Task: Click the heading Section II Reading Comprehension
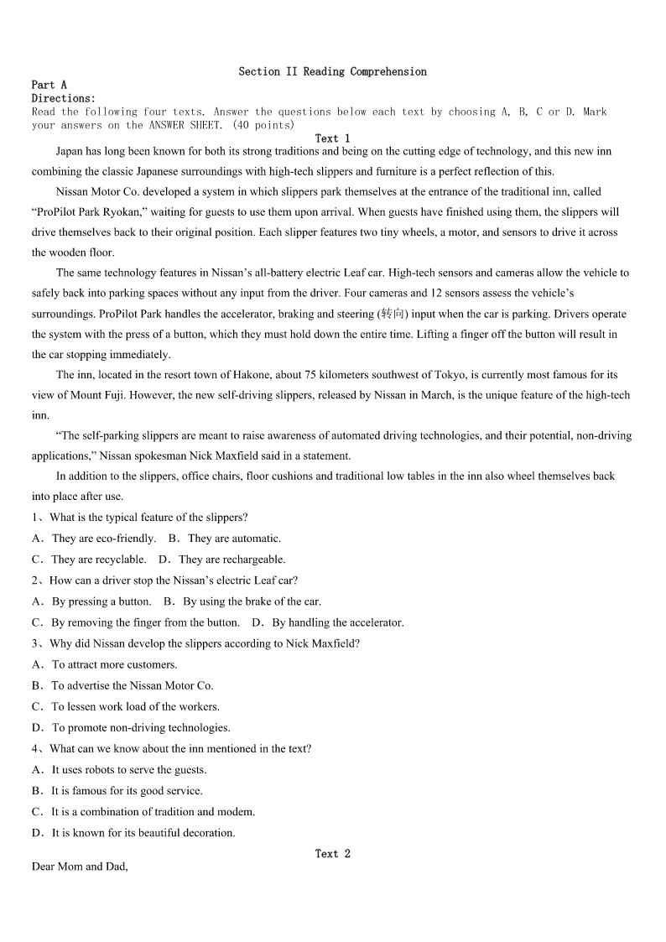click(332, 71)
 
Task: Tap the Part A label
click(49, 85)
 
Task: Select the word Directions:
click(64, 98)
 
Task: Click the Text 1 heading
click(332, 138)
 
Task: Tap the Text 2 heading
click(332, 853)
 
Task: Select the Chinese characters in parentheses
click(391, 314)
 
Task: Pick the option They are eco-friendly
click(103, 539)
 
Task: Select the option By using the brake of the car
click(252, 601)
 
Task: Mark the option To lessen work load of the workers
click(135, 706)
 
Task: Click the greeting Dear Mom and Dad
click(80, 867)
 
